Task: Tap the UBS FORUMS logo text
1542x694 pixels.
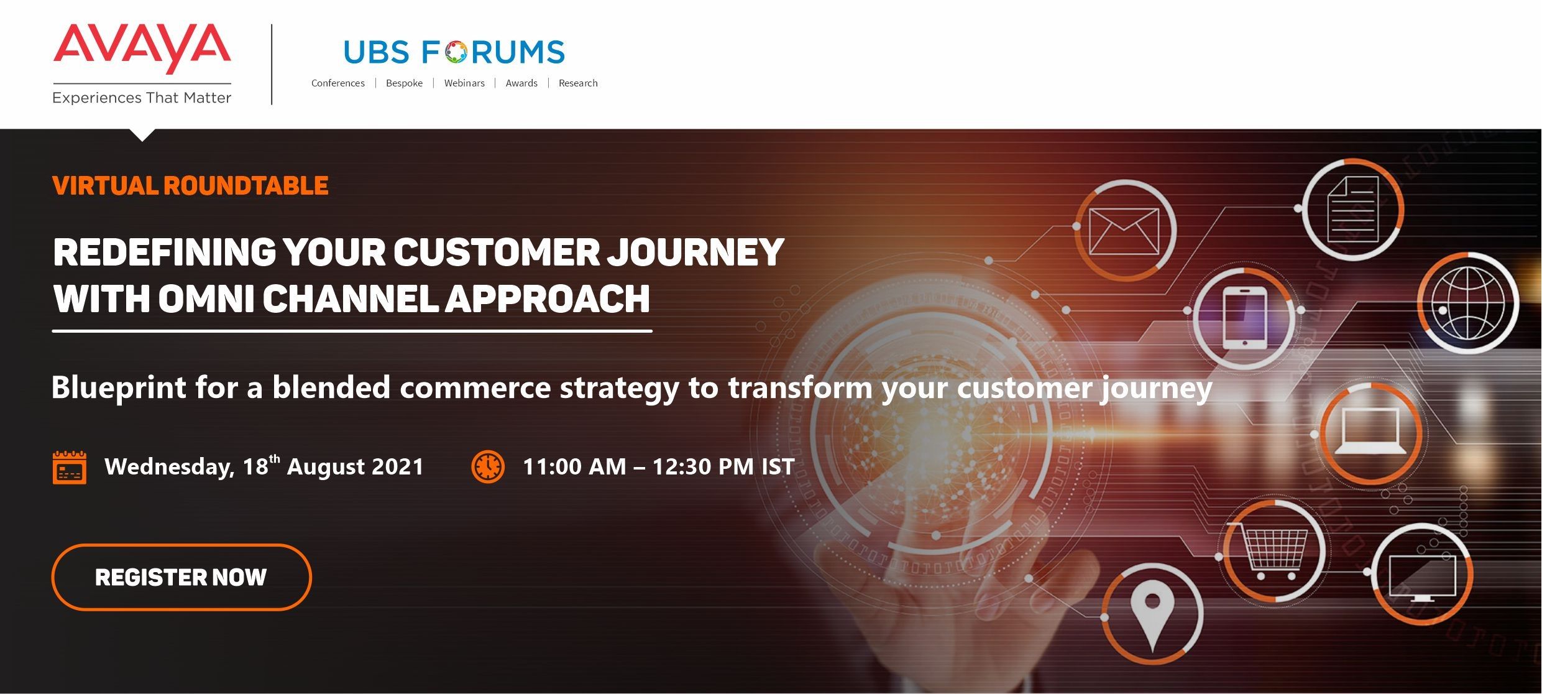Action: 454,52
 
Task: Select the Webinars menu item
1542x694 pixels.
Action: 464,83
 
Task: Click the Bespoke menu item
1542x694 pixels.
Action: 404,83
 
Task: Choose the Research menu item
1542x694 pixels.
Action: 578,83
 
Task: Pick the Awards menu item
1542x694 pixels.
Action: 521,83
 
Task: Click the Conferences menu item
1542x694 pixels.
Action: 338,83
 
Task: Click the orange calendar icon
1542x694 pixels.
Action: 70,467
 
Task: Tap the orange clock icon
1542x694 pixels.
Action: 488,466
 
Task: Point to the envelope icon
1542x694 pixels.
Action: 1124,231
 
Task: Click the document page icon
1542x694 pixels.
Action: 1353,210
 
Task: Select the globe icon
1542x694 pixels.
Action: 1468,303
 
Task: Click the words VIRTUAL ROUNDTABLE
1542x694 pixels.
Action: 190,186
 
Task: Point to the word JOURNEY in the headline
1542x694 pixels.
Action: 695,252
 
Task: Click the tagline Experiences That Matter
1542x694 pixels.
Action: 142,98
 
